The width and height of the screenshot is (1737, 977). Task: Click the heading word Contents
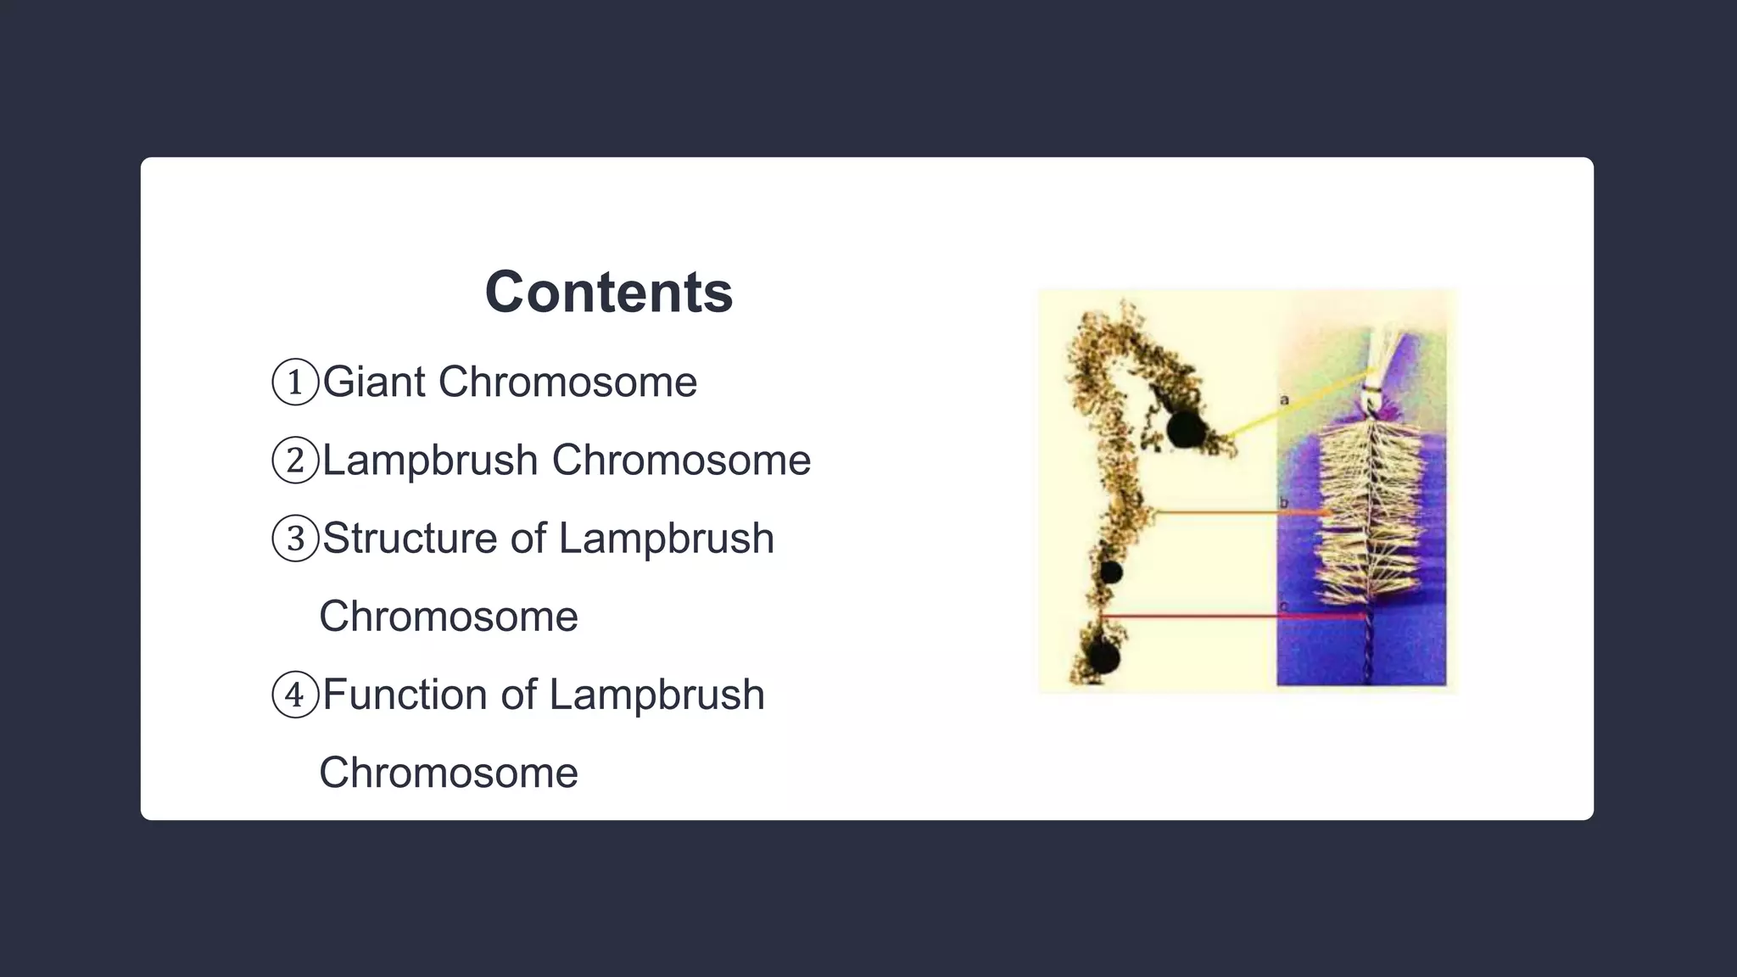(x=608, y=293)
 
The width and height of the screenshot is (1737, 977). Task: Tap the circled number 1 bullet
(x=294, y=382)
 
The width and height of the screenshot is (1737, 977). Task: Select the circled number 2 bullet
(x=294, y=461)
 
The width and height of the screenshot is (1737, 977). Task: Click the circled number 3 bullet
(x=294, y=539)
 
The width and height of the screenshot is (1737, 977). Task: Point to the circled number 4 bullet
(x=294, y=695)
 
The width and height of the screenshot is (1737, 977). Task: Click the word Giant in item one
(x=374, y=382)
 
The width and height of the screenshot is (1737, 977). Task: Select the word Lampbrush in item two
(x=430, y=461)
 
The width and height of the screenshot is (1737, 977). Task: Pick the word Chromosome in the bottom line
(x=449, y=773)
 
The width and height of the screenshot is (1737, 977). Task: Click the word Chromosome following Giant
(x=567, y=382)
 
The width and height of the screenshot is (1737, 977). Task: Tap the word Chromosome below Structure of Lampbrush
(x=449, y=617)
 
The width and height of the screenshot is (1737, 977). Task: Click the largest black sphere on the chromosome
(x=1185, y=429)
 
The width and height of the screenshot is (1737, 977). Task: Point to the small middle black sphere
(x=1111, y=572)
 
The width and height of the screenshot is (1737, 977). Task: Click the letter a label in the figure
(x=1284, y=399)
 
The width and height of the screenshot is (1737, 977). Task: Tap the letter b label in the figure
(x=1283, y=504)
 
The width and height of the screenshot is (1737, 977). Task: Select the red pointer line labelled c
(x=1230, y=616)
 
